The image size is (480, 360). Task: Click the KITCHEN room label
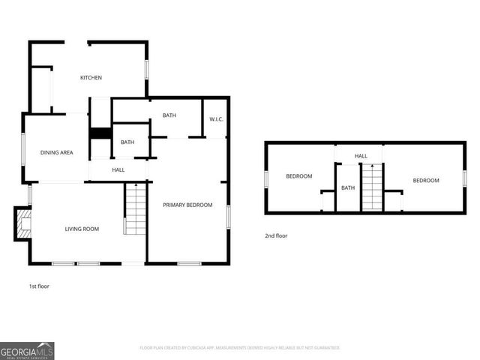click(91, 78)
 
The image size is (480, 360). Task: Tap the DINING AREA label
click(56, 153)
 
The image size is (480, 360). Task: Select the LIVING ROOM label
click(82, 229)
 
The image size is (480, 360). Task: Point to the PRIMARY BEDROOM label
click(188, 205)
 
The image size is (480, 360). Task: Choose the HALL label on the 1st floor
click(118, 170)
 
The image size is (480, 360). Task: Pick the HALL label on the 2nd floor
click(361, 156)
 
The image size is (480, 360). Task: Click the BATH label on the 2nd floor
click(348, 187)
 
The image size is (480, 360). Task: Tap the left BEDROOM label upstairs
click(298, 176)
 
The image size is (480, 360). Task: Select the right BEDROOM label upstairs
click(426, 180)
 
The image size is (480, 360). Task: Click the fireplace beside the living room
click(23, 223)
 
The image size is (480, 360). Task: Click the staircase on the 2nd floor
click(372, 188)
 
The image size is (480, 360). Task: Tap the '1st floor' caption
click(39, 286)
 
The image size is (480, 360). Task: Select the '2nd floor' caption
click(276, 235)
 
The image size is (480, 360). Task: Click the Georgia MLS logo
click(27, 350)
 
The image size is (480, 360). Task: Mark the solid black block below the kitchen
click(100, 134)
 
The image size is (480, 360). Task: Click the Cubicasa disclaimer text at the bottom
click(240, 348)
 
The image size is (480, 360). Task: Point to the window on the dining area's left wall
click(23, 152)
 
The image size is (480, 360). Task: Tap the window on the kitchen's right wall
click(147, 68)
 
